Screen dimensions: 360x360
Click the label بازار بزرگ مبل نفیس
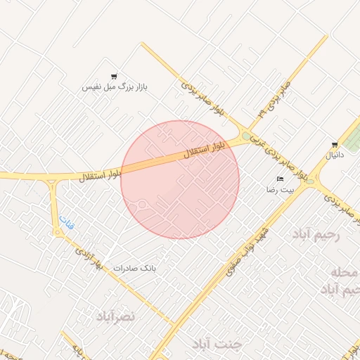click(x=115, y=86)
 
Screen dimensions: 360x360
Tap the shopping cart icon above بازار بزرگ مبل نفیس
click(x=114, y=76)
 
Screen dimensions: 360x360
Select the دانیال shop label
click(x=335, y=155)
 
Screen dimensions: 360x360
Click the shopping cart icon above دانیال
click(x=335, y=145)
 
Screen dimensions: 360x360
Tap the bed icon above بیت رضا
click(x=281, y=179)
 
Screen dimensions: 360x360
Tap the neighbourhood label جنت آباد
click(x=217, y=344)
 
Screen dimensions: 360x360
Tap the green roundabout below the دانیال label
click(x=310, y=181)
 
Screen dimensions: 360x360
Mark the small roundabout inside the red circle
click(x=141, y=205)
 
